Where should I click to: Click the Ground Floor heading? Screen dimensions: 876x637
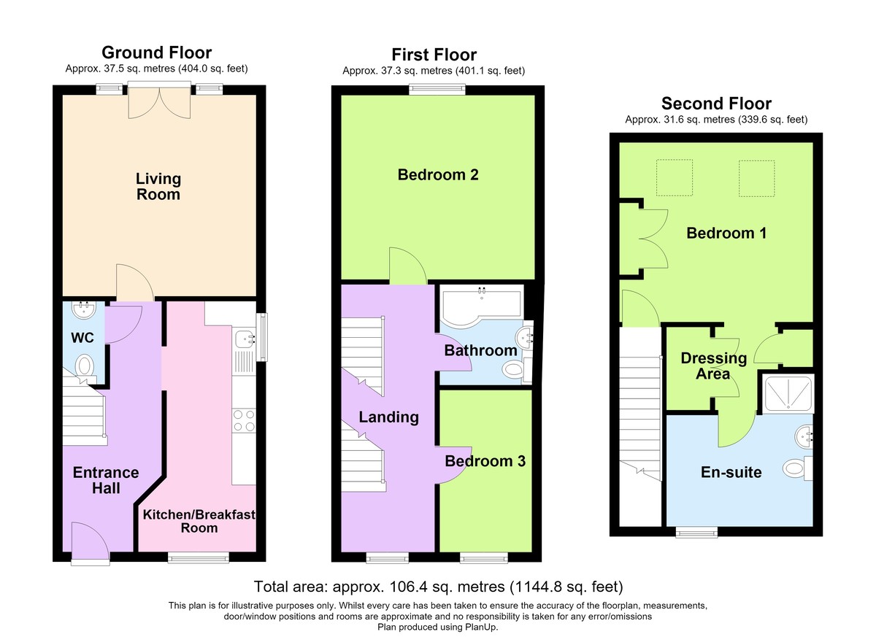point(156,53)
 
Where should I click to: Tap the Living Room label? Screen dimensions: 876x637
point(158,186)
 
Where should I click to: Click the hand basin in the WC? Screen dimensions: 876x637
point(84,310)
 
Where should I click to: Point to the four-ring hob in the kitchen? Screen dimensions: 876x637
point(244,420)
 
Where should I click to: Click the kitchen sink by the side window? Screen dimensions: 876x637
point(244,339)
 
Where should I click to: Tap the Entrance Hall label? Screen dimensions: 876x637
point(106,480)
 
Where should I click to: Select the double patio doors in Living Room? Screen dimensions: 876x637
point(160,101)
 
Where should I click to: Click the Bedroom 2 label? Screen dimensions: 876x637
point(438,174)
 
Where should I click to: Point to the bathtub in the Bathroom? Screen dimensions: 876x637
point(481,306)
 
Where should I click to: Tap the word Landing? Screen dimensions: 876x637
point(388,417)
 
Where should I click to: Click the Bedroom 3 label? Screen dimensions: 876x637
point(485,461)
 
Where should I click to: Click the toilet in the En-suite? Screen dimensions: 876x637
point(798,468)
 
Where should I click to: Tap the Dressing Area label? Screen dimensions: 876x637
point(714,366)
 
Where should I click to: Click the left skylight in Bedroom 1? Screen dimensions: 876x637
point(675,177)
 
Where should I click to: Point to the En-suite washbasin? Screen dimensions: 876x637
point(804,436)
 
